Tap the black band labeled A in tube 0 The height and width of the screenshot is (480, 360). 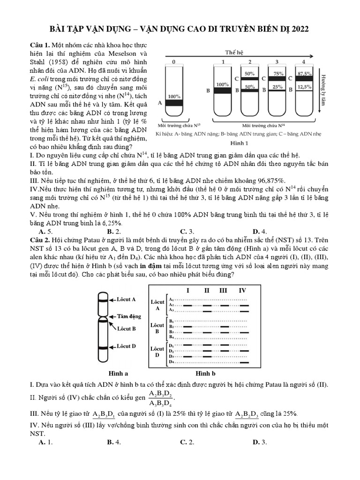(174, 103)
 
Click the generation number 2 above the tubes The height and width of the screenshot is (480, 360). (250, 62)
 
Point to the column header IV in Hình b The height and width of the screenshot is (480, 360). (242, 291)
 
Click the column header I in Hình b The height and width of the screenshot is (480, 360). (187, 291)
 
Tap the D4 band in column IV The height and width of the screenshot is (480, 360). (242, 362)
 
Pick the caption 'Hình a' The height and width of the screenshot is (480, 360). (119, 374)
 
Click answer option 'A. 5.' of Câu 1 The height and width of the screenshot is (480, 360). (45, 231)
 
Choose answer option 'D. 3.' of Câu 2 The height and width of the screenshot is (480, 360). (260, 442)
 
